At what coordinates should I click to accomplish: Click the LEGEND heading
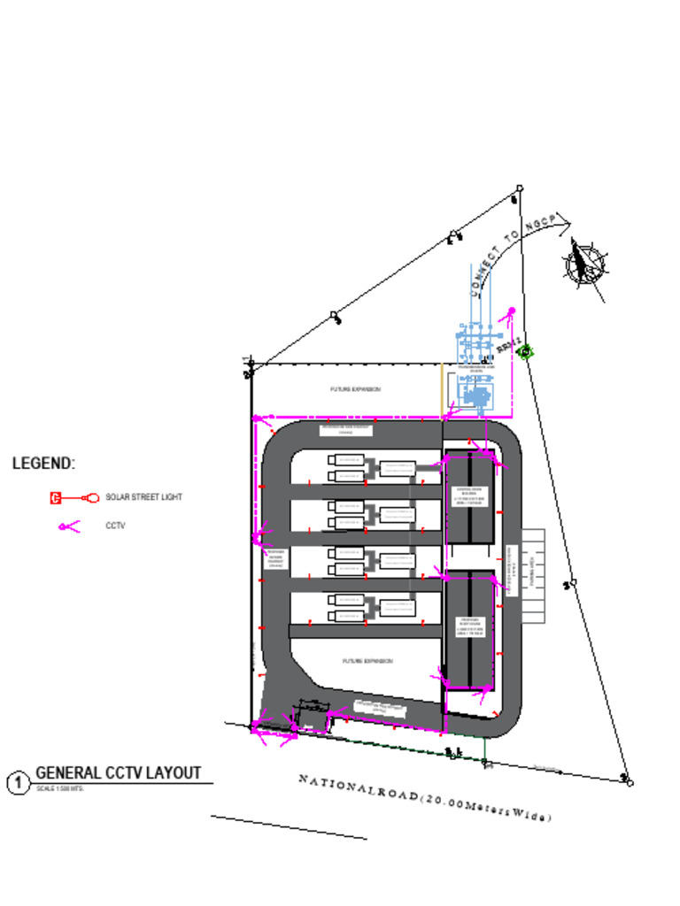click(43, 464)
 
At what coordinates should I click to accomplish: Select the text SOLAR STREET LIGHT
click(143, 498)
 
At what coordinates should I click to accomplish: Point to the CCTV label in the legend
click(115, 526)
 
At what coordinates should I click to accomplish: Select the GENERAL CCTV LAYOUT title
click(118, 773)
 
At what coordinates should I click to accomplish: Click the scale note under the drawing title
click(59, 788)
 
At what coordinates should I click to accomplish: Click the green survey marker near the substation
click(526, 351)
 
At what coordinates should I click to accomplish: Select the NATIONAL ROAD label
click(425, 797)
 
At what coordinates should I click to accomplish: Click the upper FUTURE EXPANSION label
click(355, 389)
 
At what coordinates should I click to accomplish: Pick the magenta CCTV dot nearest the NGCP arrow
click(512, 310)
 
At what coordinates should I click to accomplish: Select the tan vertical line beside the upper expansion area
click(442, 389)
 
